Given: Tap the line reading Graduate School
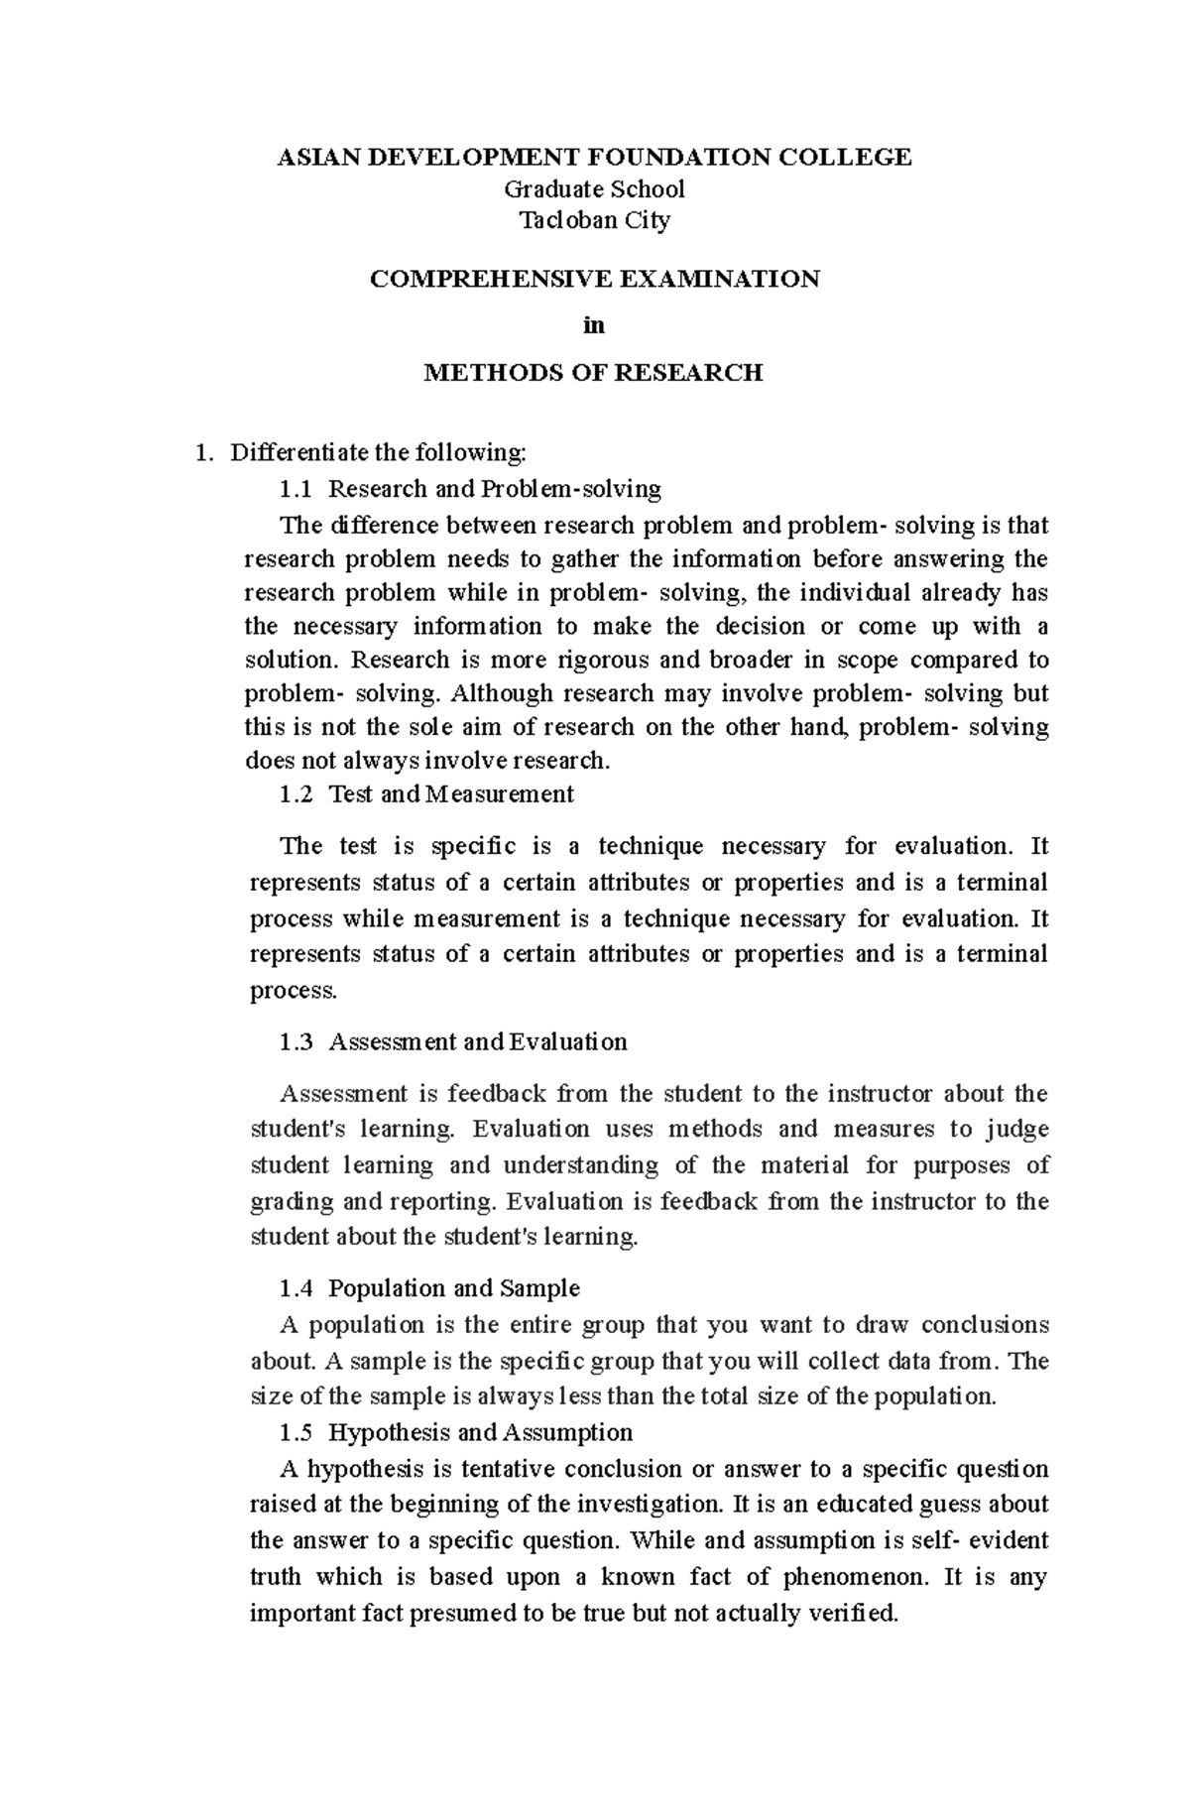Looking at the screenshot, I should [594, 188].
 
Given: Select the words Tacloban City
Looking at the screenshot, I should [594, 220].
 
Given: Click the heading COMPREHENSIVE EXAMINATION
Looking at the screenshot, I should [594, 279].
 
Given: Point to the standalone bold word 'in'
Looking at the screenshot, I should [594, 325].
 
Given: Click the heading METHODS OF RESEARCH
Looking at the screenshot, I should [593, 373].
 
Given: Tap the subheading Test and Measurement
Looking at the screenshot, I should [450, 793].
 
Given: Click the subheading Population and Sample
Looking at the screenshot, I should [453, 1288].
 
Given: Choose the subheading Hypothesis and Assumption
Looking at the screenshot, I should [480, 1432].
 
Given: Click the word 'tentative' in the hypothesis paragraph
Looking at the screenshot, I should [505, 1469].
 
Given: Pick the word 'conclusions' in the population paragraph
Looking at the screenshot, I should [984, 1325].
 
